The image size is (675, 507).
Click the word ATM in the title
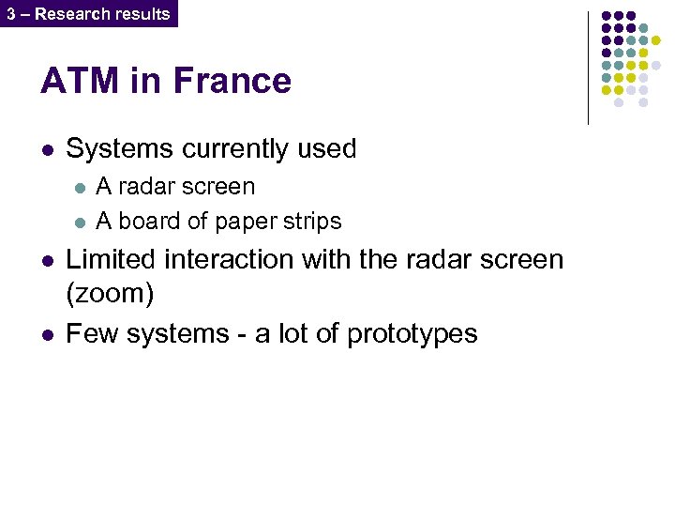(79, 82)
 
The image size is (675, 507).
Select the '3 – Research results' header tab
(88, 13)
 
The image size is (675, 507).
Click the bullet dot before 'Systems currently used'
(46, 149)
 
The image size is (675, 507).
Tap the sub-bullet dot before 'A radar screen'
(80, 188)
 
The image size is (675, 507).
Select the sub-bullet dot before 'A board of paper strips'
(80, 223)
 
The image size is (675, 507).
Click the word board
(146, 222)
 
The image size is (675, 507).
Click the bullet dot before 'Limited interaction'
(46, 260)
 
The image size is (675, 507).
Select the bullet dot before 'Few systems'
(46, 334)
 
